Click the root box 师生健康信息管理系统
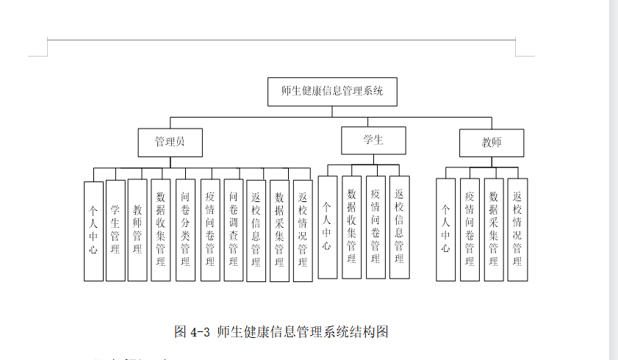click(x=332, y=92)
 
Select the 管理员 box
click(x=170, y=143)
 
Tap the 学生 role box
click(x=373, y=140)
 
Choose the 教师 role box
click(x=492, y=143)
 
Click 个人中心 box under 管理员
click(x=93, y=230)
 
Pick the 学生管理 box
click(x=115, y=230)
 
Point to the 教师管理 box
click(x=137, y=230)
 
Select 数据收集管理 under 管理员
click(x=161, y=230)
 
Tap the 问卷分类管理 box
click(x=185, y=230)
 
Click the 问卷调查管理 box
click(x=233, y=230)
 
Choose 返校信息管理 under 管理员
click(x=256, y=230)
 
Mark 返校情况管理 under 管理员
click(x=302, y=230)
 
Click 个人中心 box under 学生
click(x=328, y=227)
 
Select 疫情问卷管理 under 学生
click(x=376, y=227)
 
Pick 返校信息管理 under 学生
click(x=399, y=227)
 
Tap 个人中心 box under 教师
click(x=445, y=229)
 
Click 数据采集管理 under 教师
click(x=494, y=229)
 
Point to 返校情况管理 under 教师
click(x=517, y=229)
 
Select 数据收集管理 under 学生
click(x=352, y=227)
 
